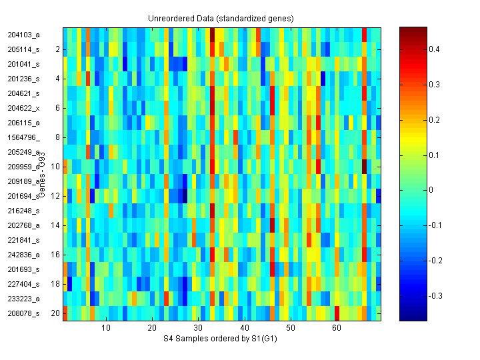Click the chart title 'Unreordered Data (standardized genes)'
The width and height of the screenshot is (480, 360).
point(221,18)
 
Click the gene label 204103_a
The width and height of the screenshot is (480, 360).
point(23,35)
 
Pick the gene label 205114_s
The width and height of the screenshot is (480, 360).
point(23,49)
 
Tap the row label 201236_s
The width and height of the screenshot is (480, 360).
point(23,79)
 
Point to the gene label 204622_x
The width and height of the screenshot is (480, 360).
point(23,108)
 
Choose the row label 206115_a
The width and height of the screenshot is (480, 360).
point(23,123)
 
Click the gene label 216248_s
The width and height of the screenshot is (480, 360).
point(23,211)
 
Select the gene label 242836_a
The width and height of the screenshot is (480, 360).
point(23,255)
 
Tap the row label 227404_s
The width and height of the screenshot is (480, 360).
point(23,284)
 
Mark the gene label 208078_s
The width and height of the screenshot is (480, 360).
point(23,313)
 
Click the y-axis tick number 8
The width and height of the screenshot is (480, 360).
point(57,137)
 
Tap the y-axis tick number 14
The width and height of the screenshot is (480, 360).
point(55,225)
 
